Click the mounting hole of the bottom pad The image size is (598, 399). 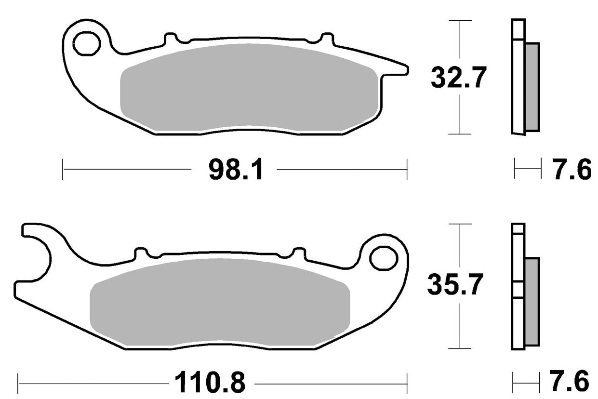382,257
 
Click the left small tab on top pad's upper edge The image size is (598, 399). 170,38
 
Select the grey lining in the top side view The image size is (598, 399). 532,87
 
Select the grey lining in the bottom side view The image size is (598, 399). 532,301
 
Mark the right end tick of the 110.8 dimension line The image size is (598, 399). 408,383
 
